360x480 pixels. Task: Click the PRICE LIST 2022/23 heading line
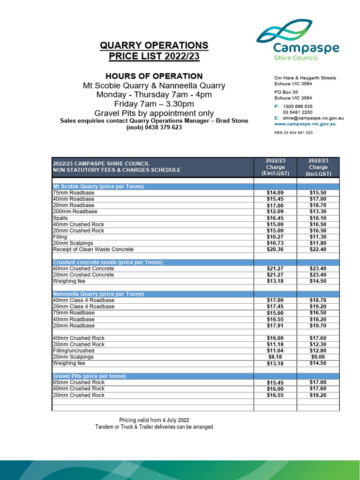(154, 57)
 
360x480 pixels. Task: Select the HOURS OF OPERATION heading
(154, 76)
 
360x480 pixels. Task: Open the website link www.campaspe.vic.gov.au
(304, 124)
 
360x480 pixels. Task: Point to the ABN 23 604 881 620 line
(293, 133)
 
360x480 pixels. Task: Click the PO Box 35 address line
(286, 92)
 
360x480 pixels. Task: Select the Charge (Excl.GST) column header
(275, 167)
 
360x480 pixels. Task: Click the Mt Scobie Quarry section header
(98, 186)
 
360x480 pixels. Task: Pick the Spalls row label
(60, 218)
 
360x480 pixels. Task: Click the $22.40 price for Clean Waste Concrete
(318, 249)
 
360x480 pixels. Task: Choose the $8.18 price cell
(275, 357)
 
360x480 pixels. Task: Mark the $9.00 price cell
(318, 357)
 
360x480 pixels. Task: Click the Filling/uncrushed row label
(74, 351)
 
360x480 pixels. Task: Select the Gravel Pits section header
(90, 376)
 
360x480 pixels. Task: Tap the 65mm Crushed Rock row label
(79, 382)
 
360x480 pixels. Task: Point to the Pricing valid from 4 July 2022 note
(154, 420)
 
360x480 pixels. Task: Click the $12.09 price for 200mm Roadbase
(275, 211)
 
